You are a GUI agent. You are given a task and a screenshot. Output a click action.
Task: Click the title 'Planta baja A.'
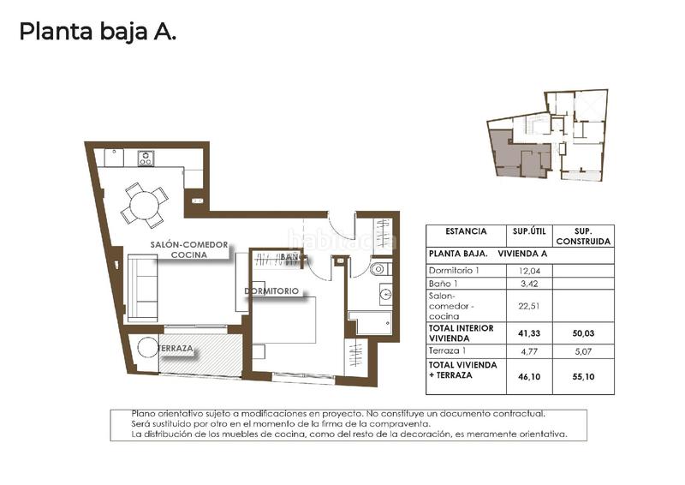pos(98,32)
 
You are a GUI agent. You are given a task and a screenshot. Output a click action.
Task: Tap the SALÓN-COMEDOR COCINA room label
pos(189,249)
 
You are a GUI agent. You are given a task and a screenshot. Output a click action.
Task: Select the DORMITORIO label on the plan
pos(271,291)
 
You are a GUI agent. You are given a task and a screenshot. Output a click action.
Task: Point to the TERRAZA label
pos(175,350)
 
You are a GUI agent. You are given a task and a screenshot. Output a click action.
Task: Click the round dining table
pos(144,204)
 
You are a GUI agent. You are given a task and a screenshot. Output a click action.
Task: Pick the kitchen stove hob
pos(146,158)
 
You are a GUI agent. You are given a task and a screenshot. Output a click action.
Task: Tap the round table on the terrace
pos(147,347)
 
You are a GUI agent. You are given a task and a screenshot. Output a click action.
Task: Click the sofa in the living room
pos(142,287)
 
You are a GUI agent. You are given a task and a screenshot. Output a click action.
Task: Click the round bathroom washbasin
pos(384,296)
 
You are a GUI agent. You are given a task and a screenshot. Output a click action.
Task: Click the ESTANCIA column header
pos(466,231)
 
